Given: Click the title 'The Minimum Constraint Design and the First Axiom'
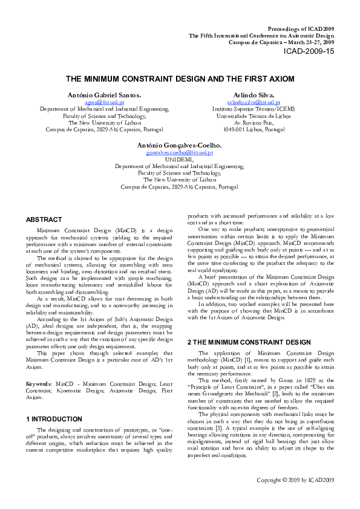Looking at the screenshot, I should coord(180,79).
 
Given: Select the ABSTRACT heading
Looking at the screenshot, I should coord(44,219).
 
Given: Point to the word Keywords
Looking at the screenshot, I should coord(38,367).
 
